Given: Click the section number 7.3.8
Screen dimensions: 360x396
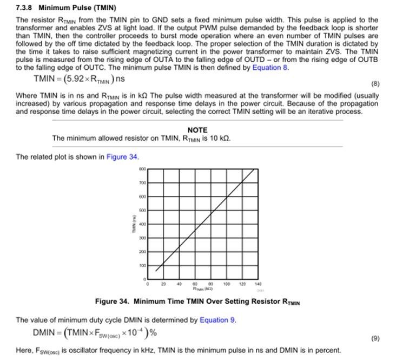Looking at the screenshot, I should point(25,8).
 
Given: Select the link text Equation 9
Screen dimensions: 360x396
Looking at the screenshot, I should point(217,320).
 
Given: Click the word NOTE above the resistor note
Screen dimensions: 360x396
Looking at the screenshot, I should point(197,130).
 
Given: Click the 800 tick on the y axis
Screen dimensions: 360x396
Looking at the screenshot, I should point(142,168).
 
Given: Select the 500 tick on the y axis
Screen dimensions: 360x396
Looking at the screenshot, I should point(142,210).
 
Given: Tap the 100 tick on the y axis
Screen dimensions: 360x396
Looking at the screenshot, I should point(142,265).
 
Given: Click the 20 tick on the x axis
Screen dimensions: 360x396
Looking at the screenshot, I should point(163,283).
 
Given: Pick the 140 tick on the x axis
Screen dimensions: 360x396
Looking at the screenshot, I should point(258,283).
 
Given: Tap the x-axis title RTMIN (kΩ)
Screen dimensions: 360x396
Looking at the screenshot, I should point(202,289).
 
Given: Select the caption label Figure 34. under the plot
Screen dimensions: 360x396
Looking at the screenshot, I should point(112,302).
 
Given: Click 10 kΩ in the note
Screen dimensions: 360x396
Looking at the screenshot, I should point(222,138).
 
